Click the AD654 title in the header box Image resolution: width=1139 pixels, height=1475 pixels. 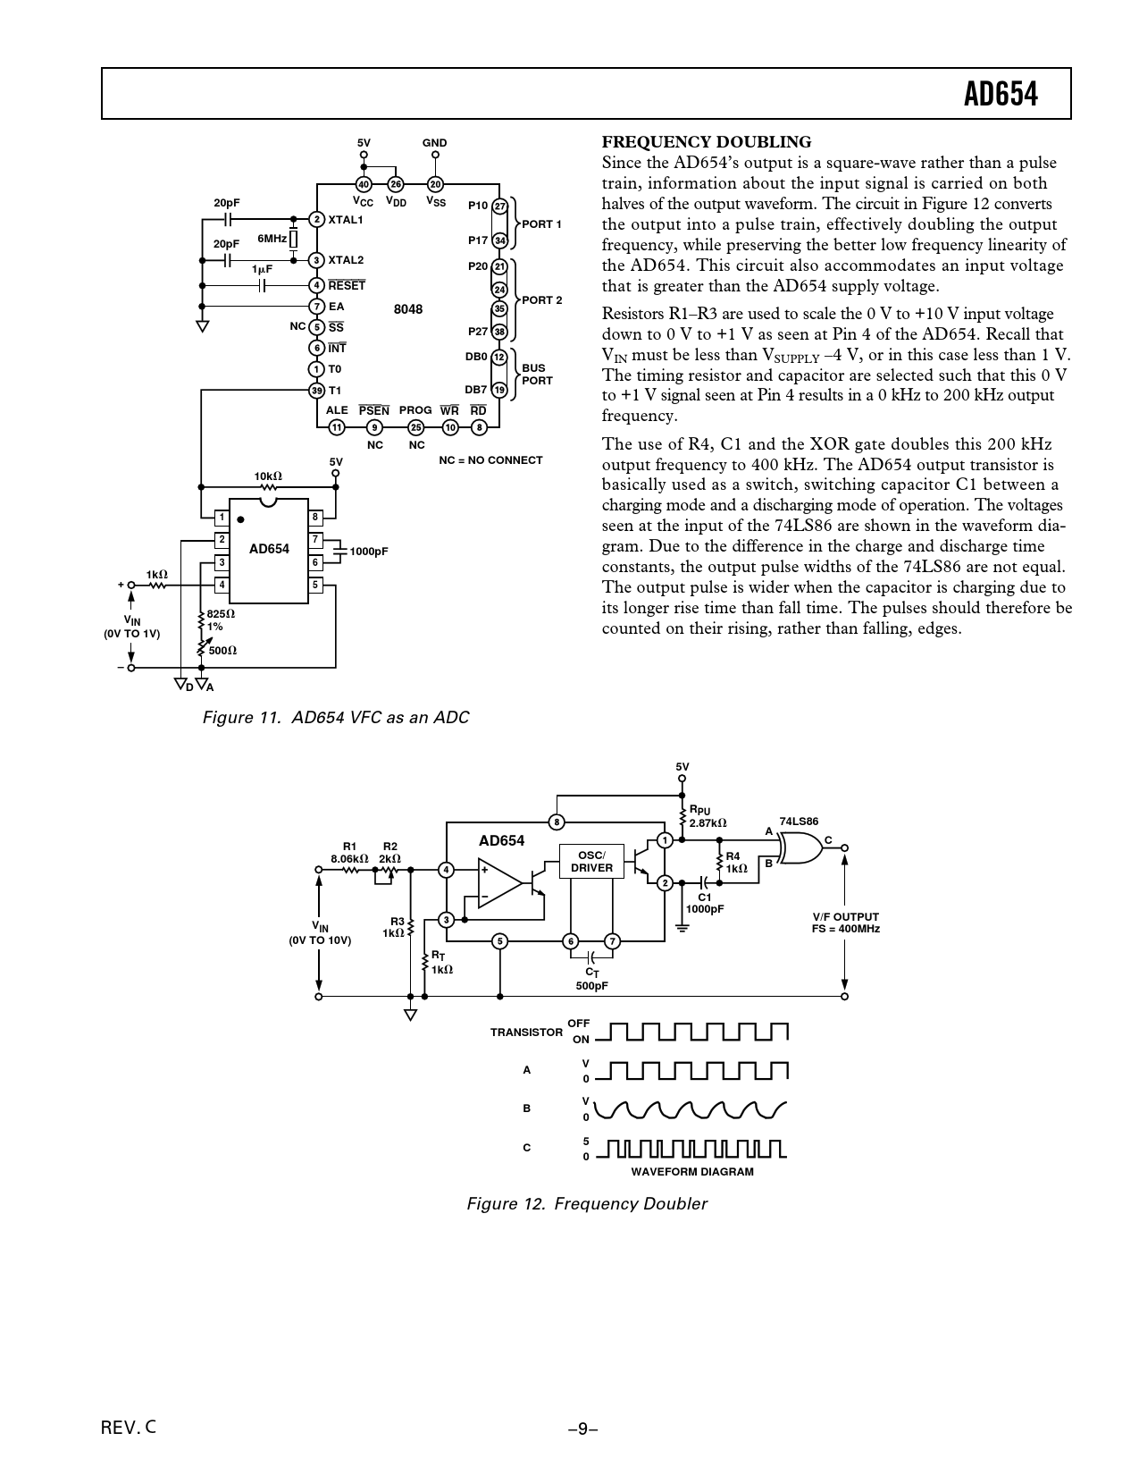[x=1001, y=95]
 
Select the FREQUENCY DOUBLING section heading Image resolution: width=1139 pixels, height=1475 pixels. [x=707, y=142]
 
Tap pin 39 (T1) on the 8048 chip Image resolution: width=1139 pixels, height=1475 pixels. [x=316, y=391]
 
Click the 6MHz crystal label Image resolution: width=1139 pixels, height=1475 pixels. [x=272, y=239]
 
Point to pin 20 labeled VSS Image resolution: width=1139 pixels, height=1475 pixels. [x=435, y=184]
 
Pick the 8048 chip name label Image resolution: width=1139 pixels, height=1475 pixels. [x=407, y=308]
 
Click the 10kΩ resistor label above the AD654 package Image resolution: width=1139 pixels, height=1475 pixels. [x=268, y=476]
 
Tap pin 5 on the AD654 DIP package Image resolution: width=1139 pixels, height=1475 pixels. [x=315, y=585]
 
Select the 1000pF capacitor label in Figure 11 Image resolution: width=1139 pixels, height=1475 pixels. [x=369, y=552]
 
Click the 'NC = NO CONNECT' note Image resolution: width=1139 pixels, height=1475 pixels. [x=490, y=460]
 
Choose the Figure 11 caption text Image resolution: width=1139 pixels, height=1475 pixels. [x=336, y=718]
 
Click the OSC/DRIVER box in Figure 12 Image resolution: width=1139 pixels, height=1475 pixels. [x=591, y=862]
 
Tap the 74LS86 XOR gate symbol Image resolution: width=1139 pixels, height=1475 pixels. [x=801, y=847]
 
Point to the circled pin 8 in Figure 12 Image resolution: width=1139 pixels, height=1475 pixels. [x=557, y=822]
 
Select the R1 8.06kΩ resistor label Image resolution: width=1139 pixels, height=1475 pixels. [x=349, y=853]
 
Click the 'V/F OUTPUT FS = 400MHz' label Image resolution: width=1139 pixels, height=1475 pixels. [x=845, y=923]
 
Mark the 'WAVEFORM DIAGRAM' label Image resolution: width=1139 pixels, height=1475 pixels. [x=692, y=1172]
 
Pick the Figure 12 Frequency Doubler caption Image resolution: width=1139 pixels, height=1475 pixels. [x=587, y=1203]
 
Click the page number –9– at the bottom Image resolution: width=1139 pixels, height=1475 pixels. [x=582, y=1429]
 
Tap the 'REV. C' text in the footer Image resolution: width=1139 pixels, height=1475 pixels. [x=129, y=1428]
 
